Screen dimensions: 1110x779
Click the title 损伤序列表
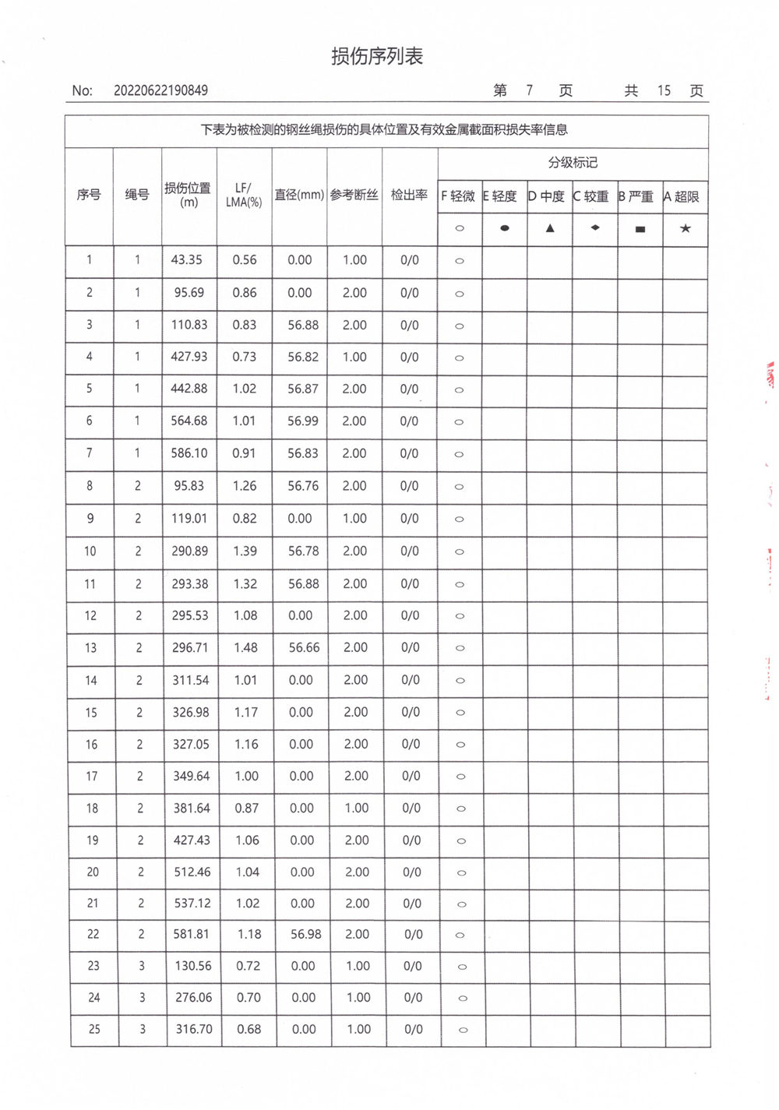click(x=377, y=57)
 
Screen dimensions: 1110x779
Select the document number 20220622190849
click(x=160, y=90)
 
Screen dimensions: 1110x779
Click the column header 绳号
click(x=137, y=195)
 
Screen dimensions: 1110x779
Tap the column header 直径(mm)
click(x=299, y=195)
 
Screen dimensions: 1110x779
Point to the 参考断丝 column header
click(x=354, y=195)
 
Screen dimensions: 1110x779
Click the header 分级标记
click(x=573, y=162)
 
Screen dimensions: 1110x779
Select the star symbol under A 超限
click(x=685, y=228)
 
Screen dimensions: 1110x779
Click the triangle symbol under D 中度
click(x=550, y=228)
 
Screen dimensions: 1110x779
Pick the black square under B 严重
click(x=640, y=229)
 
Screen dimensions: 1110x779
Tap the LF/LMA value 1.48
click(x=245, y=647)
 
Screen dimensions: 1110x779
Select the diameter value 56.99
click(x=302, y=421)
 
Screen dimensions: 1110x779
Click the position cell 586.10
click(x=189, y=453)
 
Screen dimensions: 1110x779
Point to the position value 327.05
click(x=191, y=744)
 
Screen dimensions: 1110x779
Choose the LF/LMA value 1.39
click(x=245, y=551)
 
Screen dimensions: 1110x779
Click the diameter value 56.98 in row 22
click(x=305, y=934)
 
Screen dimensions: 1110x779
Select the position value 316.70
click(x=194, y=1029)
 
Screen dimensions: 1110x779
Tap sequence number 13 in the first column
click(x=91, y=647)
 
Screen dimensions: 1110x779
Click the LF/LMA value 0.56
click(x=245, y=260)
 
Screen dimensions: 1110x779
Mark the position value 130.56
click(x=193, y=966)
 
